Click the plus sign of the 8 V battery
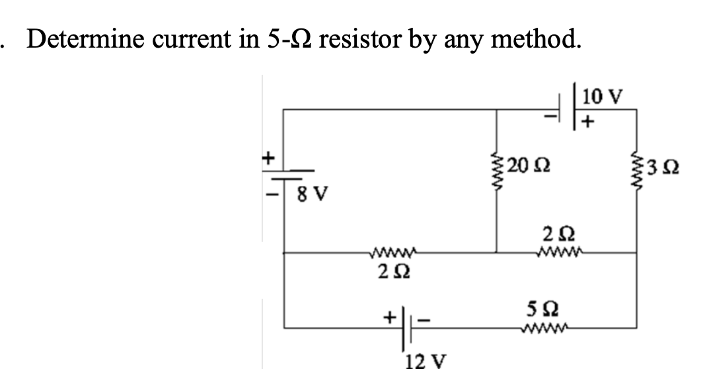click(x=268, y=159)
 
